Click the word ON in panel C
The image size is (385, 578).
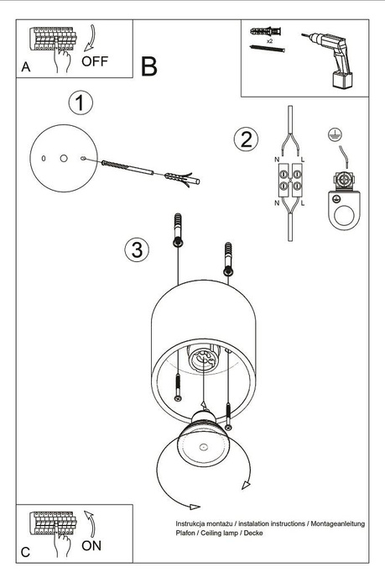click(x=94, y=544)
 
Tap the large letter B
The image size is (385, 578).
click(x=149, y=67)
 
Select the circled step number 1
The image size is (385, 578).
click(x=80, y=104)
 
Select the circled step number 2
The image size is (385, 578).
click(x=245, y=139)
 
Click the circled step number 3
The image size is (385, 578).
click(x=138, y=250)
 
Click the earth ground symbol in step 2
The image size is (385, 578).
click(x=334, y=134)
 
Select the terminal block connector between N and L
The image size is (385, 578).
click(x=290, y=180)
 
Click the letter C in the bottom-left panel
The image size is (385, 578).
click(x=25, y=552)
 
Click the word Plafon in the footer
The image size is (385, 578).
click(x=177, y=534)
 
